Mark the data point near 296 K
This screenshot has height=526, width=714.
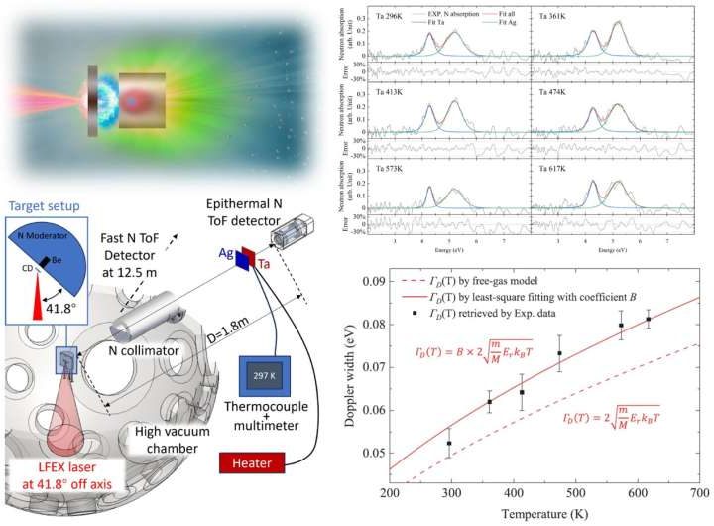(x=449, y=443)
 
